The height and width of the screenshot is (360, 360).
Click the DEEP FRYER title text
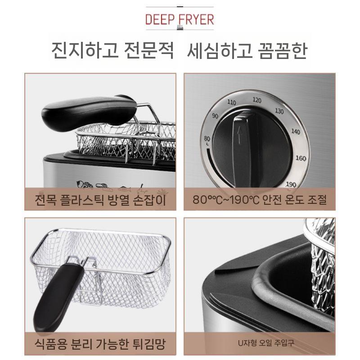tap(180, 19)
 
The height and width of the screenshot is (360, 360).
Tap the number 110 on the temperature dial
tap(231, 103)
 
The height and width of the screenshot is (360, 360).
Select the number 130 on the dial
tap(279, 111)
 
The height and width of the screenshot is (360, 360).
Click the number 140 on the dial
tap(295, 131)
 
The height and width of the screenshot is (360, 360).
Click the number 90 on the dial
tap(215, 116)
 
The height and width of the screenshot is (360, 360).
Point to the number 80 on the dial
tap(207, 138)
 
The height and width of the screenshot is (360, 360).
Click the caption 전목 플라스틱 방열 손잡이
tap(100, 199)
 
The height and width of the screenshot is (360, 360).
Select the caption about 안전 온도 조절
tap(260, 199)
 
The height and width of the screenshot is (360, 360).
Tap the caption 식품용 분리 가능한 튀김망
tap(100, 345)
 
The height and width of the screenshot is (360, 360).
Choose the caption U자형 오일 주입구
tap(260, 344)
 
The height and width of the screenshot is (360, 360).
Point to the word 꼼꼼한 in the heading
tap(279, 51)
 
